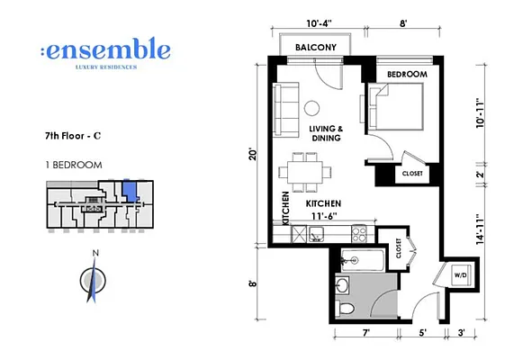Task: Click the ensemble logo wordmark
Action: tap(104, 49)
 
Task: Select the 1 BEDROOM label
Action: tap(73, 166)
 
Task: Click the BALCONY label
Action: tap(312, 48)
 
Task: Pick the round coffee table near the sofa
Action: tap(311, 108)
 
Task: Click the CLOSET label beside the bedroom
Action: tap(412, 173)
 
